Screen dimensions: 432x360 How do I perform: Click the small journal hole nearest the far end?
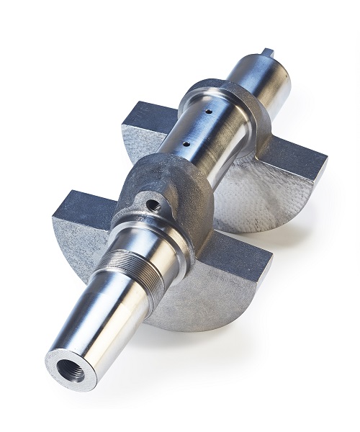tap(207, 112)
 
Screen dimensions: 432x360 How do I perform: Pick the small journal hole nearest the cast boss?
tap(186, 144)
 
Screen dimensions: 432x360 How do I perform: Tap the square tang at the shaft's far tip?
tap(267, 53)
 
